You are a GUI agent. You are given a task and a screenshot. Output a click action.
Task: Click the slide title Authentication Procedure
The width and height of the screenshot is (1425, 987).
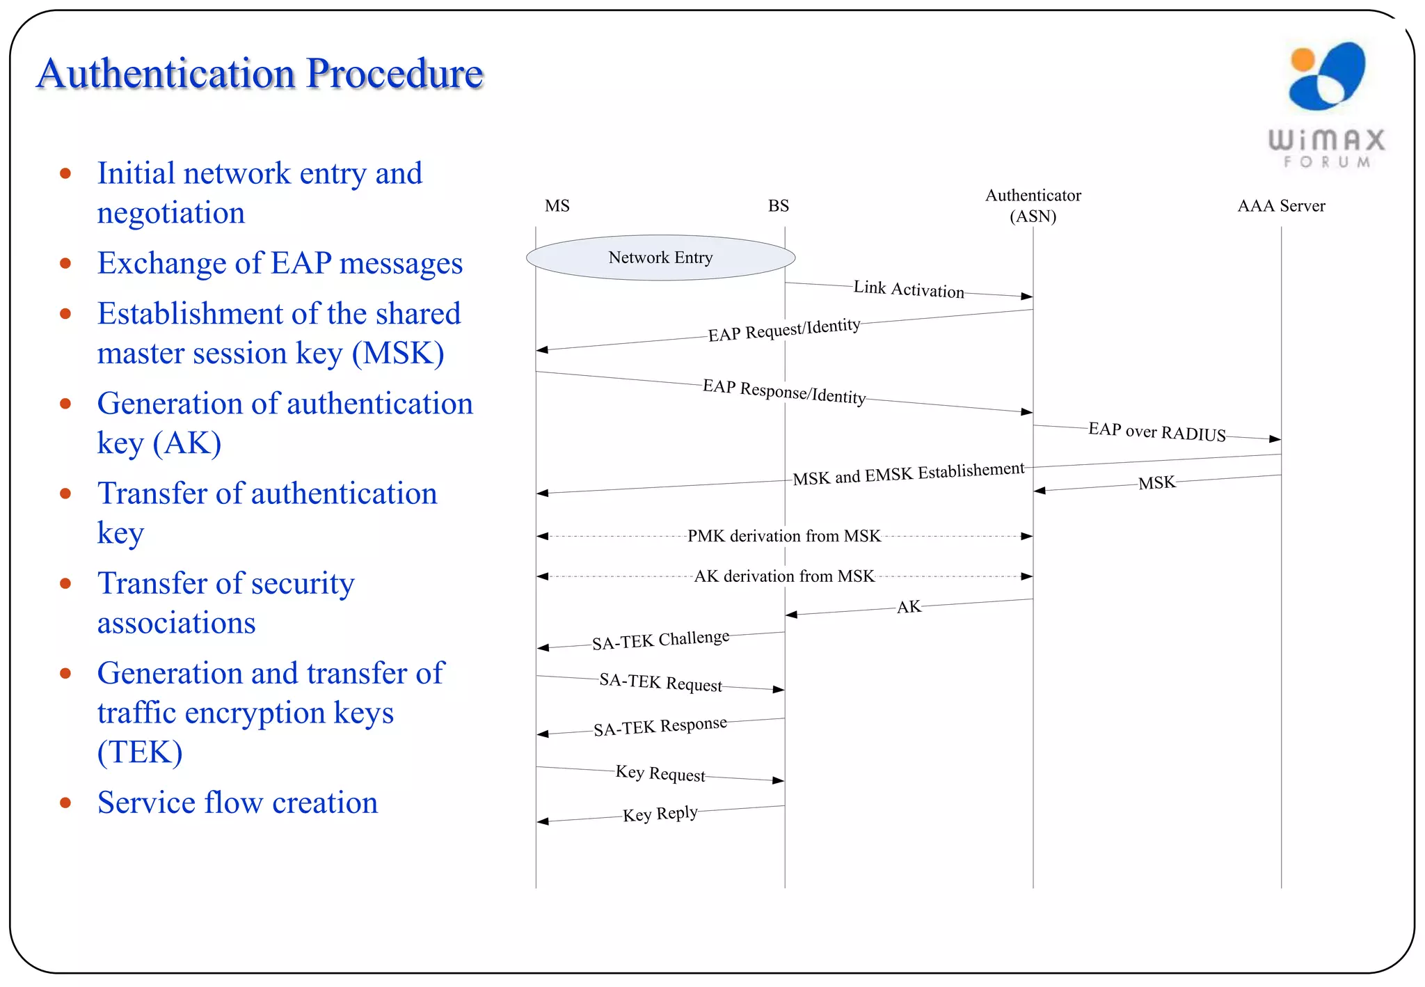[x=260, y=74]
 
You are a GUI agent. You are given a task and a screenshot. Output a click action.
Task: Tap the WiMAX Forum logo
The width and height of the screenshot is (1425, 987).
[x=1327, y=104]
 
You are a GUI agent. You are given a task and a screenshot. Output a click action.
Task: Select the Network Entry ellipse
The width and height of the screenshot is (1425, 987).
[x=660, y=258]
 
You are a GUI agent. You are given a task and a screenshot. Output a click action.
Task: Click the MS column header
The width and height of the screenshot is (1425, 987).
[x=557, y=206]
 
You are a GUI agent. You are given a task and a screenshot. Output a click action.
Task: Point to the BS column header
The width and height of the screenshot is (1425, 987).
[x=778, y=206]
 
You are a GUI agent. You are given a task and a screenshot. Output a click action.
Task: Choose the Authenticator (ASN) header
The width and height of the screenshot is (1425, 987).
[x=1033, y=205]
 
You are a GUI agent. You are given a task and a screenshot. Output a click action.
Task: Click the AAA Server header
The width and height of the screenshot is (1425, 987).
[x=1280, y=206]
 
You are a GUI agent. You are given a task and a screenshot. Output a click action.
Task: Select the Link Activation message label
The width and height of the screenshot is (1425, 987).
[x=908, y=290]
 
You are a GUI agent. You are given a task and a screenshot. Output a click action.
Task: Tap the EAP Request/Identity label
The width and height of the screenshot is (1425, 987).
[x=784, y=330]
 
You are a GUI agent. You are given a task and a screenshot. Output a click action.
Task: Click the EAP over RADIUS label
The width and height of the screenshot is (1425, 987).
[x=1156, y=432]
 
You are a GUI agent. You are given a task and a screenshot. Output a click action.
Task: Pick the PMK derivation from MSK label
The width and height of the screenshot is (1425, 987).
[x=784, y=536]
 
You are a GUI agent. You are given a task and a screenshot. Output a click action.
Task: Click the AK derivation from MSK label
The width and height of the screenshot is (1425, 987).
[x=784, y=576]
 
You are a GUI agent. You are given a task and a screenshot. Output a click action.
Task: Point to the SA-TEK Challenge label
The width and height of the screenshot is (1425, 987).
[x=660, y=640]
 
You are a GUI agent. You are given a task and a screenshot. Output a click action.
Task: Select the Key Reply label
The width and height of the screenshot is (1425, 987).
[x=660, y=814]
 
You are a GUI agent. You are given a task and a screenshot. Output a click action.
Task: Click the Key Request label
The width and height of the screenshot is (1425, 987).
[x=660, y=773]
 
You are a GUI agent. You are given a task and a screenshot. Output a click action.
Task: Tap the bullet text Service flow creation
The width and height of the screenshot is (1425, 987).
[x=237, y=803]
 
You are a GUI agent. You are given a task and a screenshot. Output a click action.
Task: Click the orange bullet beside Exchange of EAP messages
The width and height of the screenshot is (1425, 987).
[x=65, y=263]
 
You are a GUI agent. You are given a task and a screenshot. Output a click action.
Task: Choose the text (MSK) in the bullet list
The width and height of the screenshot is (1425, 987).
[x=398, y=354]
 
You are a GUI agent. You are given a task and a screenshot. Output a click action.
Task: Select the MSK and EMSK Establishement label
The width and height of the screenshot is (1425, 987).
[x=908, y=475]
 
